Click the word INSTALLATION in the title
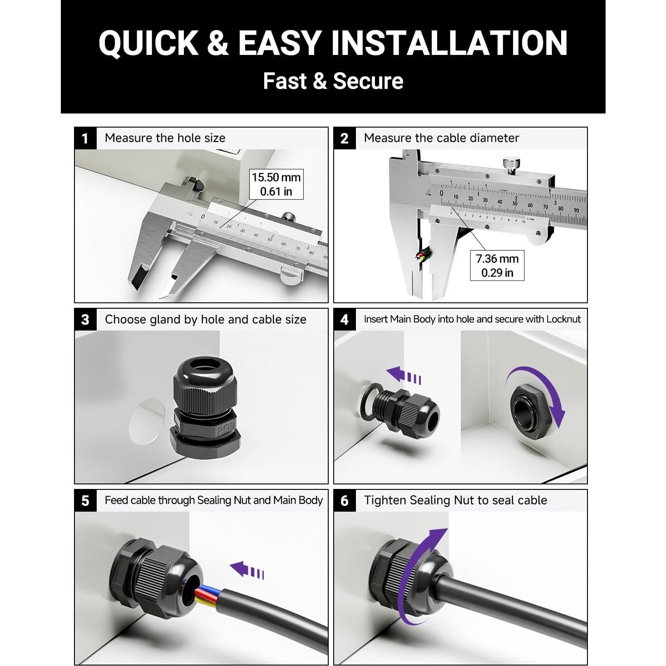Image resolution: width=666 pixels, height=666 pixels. click(x=449, y=43)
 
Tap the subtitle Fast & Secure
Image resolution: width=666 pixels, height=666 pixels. click(x=333, y=81)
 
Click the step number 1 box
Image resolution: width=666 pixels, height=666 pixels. click(x=85, y=138)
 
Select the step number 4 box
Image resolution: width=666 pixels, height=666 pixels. click(x=345, y=319)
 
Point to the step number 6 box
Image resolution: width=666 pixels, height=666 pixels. click(x=345, y=500)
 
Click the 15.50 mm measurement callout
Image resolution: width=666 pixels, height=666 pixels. click(x=276, y=184)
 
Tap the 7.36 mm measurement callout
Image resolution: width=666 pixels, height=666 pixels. click(x=497, y=266)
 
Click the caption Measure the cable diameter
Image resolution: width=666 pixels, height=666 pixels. click(x=441, y=138)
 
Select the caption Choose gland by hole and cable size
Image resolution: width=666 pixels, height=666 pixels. click(x=205, y=319)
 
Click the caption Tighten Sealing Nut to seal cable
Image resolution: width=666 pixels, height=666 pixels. click(x=455, y=500)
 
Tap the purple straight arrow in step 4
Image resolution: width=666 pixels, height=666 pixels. click(x=403, y=376)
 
